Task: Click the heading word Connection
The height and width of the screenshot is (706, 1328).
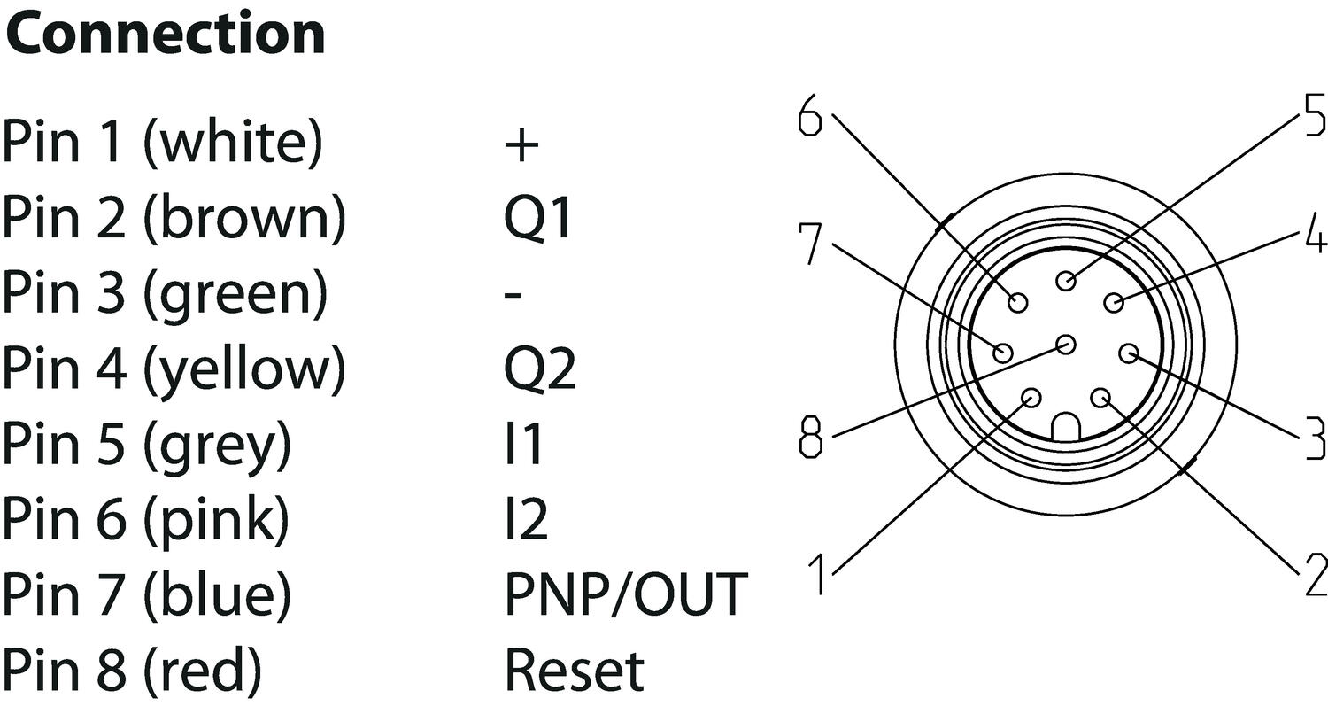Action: pos(166,34)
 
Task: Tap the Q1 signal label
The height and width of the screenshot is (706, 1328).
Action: pos(538,218)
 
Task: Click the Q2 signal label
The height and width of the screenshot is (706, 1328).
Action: pos(540,368)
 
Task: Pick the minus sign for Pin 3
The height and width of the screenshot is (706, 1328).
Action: pos(513,293)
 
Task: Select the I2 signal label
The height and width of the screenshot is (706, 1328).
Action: pos(526,518)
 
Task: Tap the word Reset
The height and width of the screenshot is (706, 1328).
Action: pos(574,670)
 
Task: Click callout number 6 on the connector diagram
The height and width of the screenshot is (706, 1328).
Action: pos(809,115)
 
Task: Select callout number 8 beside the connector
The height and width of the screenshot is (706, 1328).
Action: pos(810,437)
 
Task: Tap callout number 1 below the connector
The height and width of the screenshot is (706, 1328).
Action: pos(821,574)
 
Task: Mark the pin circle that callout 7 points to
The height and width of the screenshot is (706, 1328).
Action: pos(1003,353)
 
